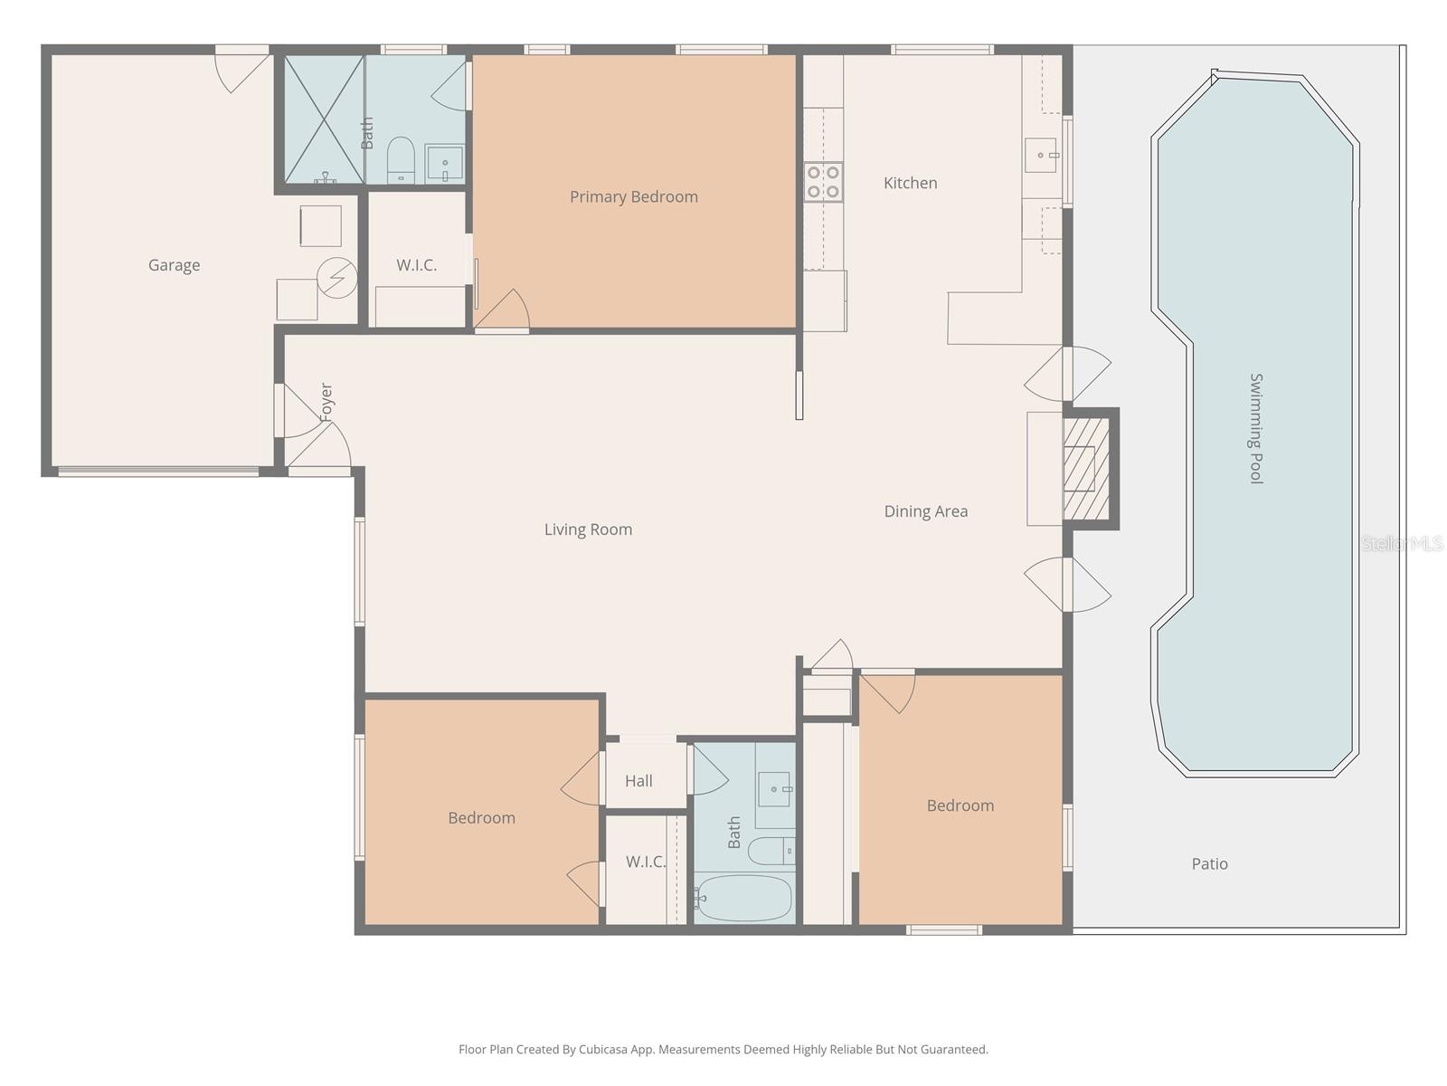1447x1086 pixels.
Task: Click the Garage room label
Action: (x=174, y=265)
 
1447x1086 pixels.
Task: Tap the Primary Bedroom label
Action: (x=633, y=196)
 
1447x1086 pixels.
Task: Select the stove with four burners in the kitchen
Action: (x=824, y=182)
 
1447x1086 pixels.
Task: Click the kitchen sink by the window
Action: (x=1041, y=156)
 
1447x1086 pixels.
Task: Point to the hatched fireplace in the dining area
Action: (x=1085, y=468)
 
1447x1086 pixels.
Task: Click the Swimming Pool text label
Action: (x=1256, y=428)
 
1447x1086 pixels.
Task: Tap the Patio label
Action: (x=1209, y=863)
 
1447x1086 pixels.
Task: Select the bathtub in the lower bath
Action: (x=743, y=898)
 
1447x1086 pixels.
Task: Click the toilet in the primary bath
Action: (x=400, y=160)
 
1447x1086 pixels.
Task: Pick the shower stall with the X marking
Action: (x=324, y=119)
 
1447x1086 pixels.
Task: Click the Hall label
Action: (x=638, y=780)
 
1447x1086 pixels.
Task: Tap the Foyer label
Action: (x=326, y=402)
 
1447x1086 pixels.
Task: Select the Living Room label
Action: (x=588, y=529)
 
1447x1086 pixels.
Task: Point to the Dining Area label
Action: (x=925, y=511)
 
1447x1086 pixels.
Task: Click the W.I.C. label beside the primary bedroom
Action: (x=416, y=265)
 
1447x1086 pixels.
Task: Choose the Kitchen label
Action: (x=910, y=183)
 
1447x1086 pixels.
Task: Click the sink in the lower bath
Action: (x=774, y=790)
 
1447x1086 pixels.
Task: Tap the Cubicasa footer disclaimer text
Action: (x=723, y=1050)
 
